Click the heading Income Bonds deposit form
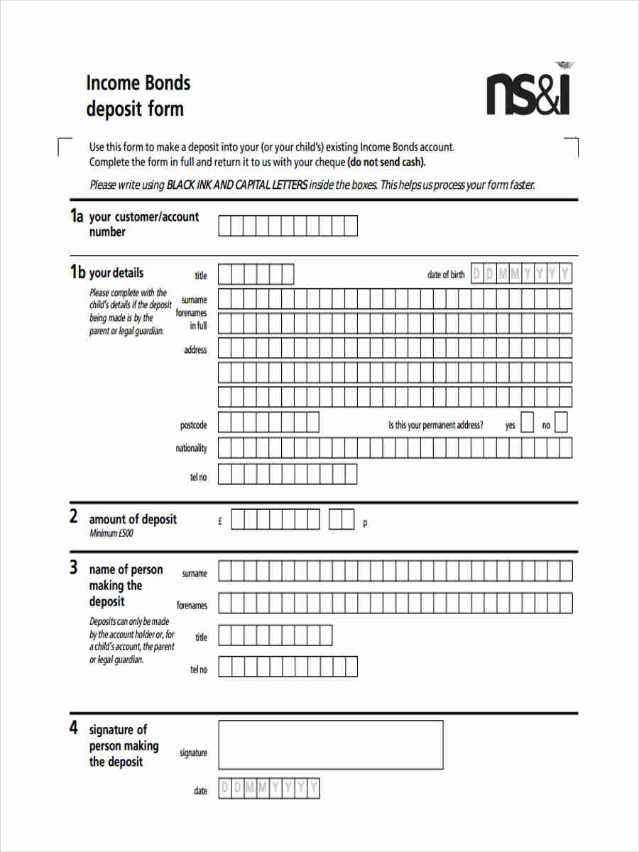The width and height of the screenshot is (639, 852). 138,96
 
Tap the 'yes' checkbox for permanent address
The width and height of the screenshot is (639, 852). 527,423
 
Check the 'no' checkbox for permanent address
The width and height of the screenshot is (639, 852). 561,423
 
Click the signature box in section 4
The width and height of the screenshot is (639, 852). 330,745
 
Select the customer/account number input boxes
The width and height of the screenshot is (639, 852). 288,226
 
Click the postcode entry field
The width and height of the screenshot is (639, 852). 268,422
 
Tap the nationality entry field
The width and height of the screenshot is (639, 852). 395,448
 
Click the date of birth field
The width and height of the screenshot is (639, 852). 520,274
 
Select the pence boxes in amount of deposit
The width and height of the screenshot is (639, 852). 342,520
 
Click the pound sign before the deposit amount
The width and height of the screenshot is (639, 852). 220,521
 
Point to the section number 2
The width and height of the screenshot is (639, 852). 73,518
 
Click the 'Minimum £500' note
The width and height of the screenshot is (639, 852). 111,533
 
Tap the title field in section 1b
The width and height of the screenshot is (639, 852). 256,274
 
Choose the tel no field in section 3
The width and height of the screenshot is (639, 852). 288,667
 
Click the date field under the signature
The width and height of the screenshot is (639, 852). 269,788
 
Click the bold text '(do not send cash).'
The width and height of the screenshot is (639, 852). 386,162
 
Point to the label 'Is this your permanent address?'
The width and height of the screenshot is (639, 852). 435,425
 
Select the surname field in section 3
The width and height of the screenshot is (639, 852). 395,571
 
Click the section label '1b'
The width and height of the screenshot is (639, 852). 77,273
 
